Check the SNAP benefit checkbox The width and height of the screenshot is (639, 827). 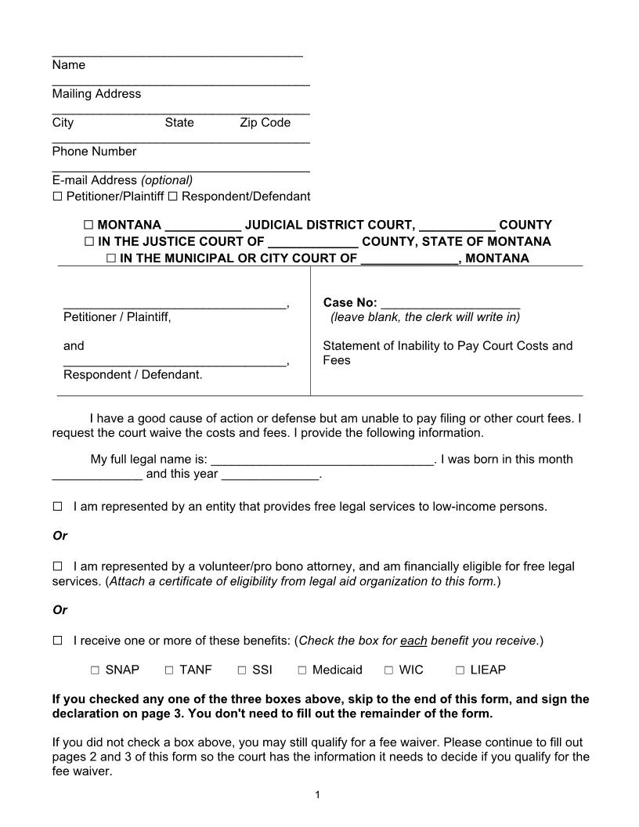coord(95,670)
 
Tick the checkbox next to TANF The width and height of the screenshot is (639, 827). coord(169,670)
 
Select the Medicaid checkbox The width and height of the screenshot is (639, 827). coord(302,670)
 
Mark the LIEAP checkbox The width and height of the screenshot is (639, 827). coord(460,670)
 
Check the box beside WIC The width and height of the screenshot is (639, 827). coord(389,670)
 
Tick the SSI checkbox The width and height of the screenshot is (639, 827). coord(242,670)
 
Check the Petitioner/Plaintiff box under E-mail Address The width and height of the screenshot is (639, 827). coord(57,197)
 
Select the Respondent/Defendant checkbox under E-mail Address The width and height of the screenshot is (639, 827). coord(172,197)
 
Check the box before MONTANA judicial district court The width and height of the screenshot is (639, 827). coord(88,225)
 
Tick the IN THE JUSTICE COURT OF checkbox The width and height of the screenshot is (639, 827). coord(88,242)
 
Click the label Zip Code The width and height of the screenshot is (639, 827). coord(265,123)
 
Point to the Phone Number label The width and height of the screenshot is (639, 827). coord(94,152)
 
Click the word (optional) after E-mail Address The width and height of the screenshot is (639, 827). coord(167,180)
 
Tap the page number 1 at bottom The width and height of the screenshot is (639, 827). coord(318,796)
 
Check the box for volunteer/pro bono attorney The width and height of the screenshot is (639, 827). coord(57,565)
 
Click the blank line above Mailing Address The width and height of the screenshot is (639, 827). coord(180,81)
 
